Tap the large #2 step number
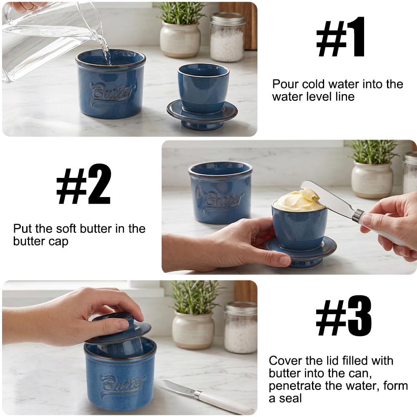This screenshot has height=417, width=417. (x=83, y=184)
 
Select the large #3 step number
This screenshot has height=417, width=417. (x=344, y=315)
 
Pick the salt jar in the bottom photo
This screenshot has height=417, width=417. (x=240, y=327)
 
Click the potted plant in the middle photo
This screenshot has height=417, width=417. (x=373, y=170)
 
